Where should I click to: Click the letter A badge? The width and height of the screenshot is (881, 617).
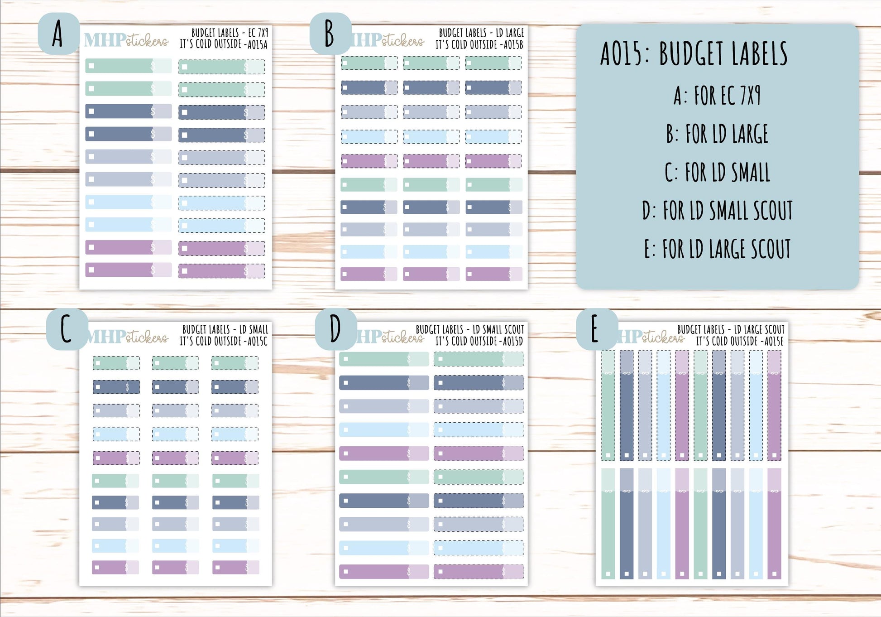[58, 34]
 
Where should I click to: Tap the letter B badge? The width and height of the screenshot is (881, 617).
[330, 34]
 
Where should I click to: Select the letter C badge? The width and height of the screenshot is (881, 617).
[67, 329]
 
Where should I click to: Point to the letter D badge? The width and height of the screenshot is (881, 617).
[335, 329]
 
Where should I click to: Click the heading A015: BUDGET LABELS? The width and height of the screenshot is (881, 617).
[694, 53]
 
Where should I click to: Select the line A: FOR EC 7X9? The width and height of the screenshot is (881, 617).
[717, 96]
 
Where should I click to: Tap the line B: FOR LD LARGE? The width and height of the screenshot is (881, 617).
[717, 134]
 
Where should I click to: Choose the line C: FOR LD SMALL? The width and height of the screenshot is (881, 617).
[717, 173]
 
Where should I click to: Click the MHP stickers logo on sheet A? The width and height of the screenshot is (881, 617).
[126, 40]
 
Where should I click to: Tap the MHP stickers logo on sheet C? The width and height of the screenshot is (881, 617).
[128, 337]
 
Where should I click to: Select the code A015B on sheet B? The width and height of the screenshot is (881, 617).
[513, 44]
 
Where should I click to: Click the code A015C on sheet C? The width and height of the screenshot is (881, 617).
[257, 341]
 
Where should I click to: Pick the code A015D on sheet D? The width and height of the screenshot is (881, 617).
[513, 341]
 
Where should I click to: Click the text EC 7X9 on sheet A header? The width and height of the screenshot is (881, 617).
[258, 33]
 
